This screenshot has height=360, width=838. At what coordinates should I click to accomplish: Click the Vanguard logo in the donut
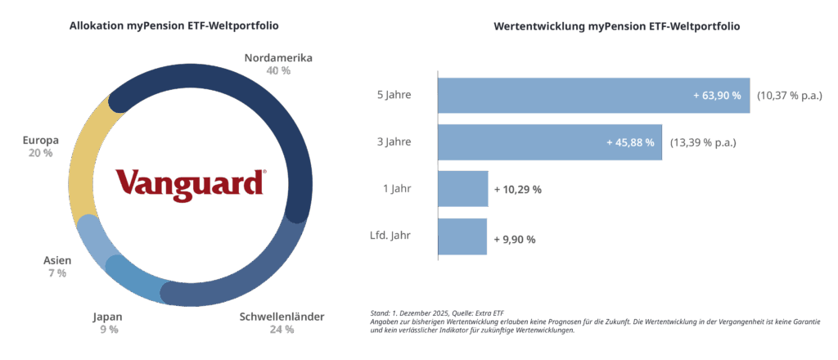(190, 182)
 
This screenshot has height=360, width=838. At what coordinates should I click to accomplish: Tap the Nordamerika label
(278, 58)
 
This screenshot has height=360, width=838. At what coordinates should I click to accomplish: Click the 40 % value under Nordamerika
(278, 71)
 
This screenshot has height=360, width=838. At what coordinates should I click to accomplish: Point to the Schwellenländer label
(282, 317)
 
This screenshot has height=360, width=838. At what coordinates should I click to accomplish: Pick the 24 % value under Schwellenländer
(282, 330)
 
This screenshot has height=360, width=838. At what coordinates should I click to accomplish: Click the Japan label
(108, 317)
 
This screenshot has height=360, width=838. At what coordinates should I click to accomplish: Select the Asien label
(57, 260)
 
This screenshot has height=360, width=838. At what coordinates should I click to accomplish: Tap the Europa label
(40, 140)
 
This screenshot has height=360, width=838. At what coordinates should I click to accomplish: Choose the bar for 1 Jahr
(463, 189)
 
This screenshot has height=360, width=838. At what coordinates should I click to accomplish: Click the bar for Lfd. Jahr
(462, 236)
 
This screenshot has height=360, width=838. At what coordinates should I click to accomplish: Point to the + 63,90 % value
(717, 96)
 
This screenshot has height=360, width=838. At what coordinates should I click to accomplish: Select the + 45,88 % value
(630, 142)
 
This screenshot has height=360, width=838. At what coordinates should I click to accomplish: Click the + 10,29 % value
(518, 190)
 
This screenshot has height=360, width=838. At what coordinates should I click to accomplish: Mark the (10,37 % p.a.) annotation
(789, 96)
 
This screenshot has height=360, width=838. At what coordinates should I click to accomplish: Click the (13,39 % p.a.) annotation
(703, 142)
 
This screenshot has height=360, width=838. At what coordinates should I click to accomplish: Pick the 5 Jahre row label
(394, 95)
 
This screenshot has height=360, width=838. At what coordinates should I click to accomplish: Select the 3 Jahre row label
(394, 142)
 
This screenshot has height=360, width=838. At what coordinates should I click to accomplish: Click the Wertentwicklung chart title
(616, 26)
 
